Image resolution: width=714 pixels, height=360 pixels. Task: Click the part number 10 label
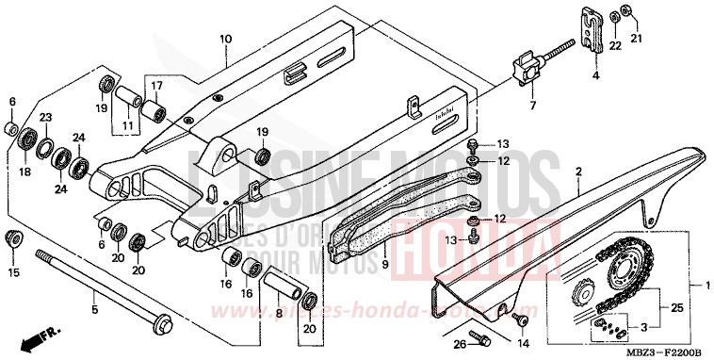(x=225, y=40)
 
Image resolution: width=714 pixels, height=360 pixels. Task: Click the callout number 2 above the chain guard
(x=579, y=170)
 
